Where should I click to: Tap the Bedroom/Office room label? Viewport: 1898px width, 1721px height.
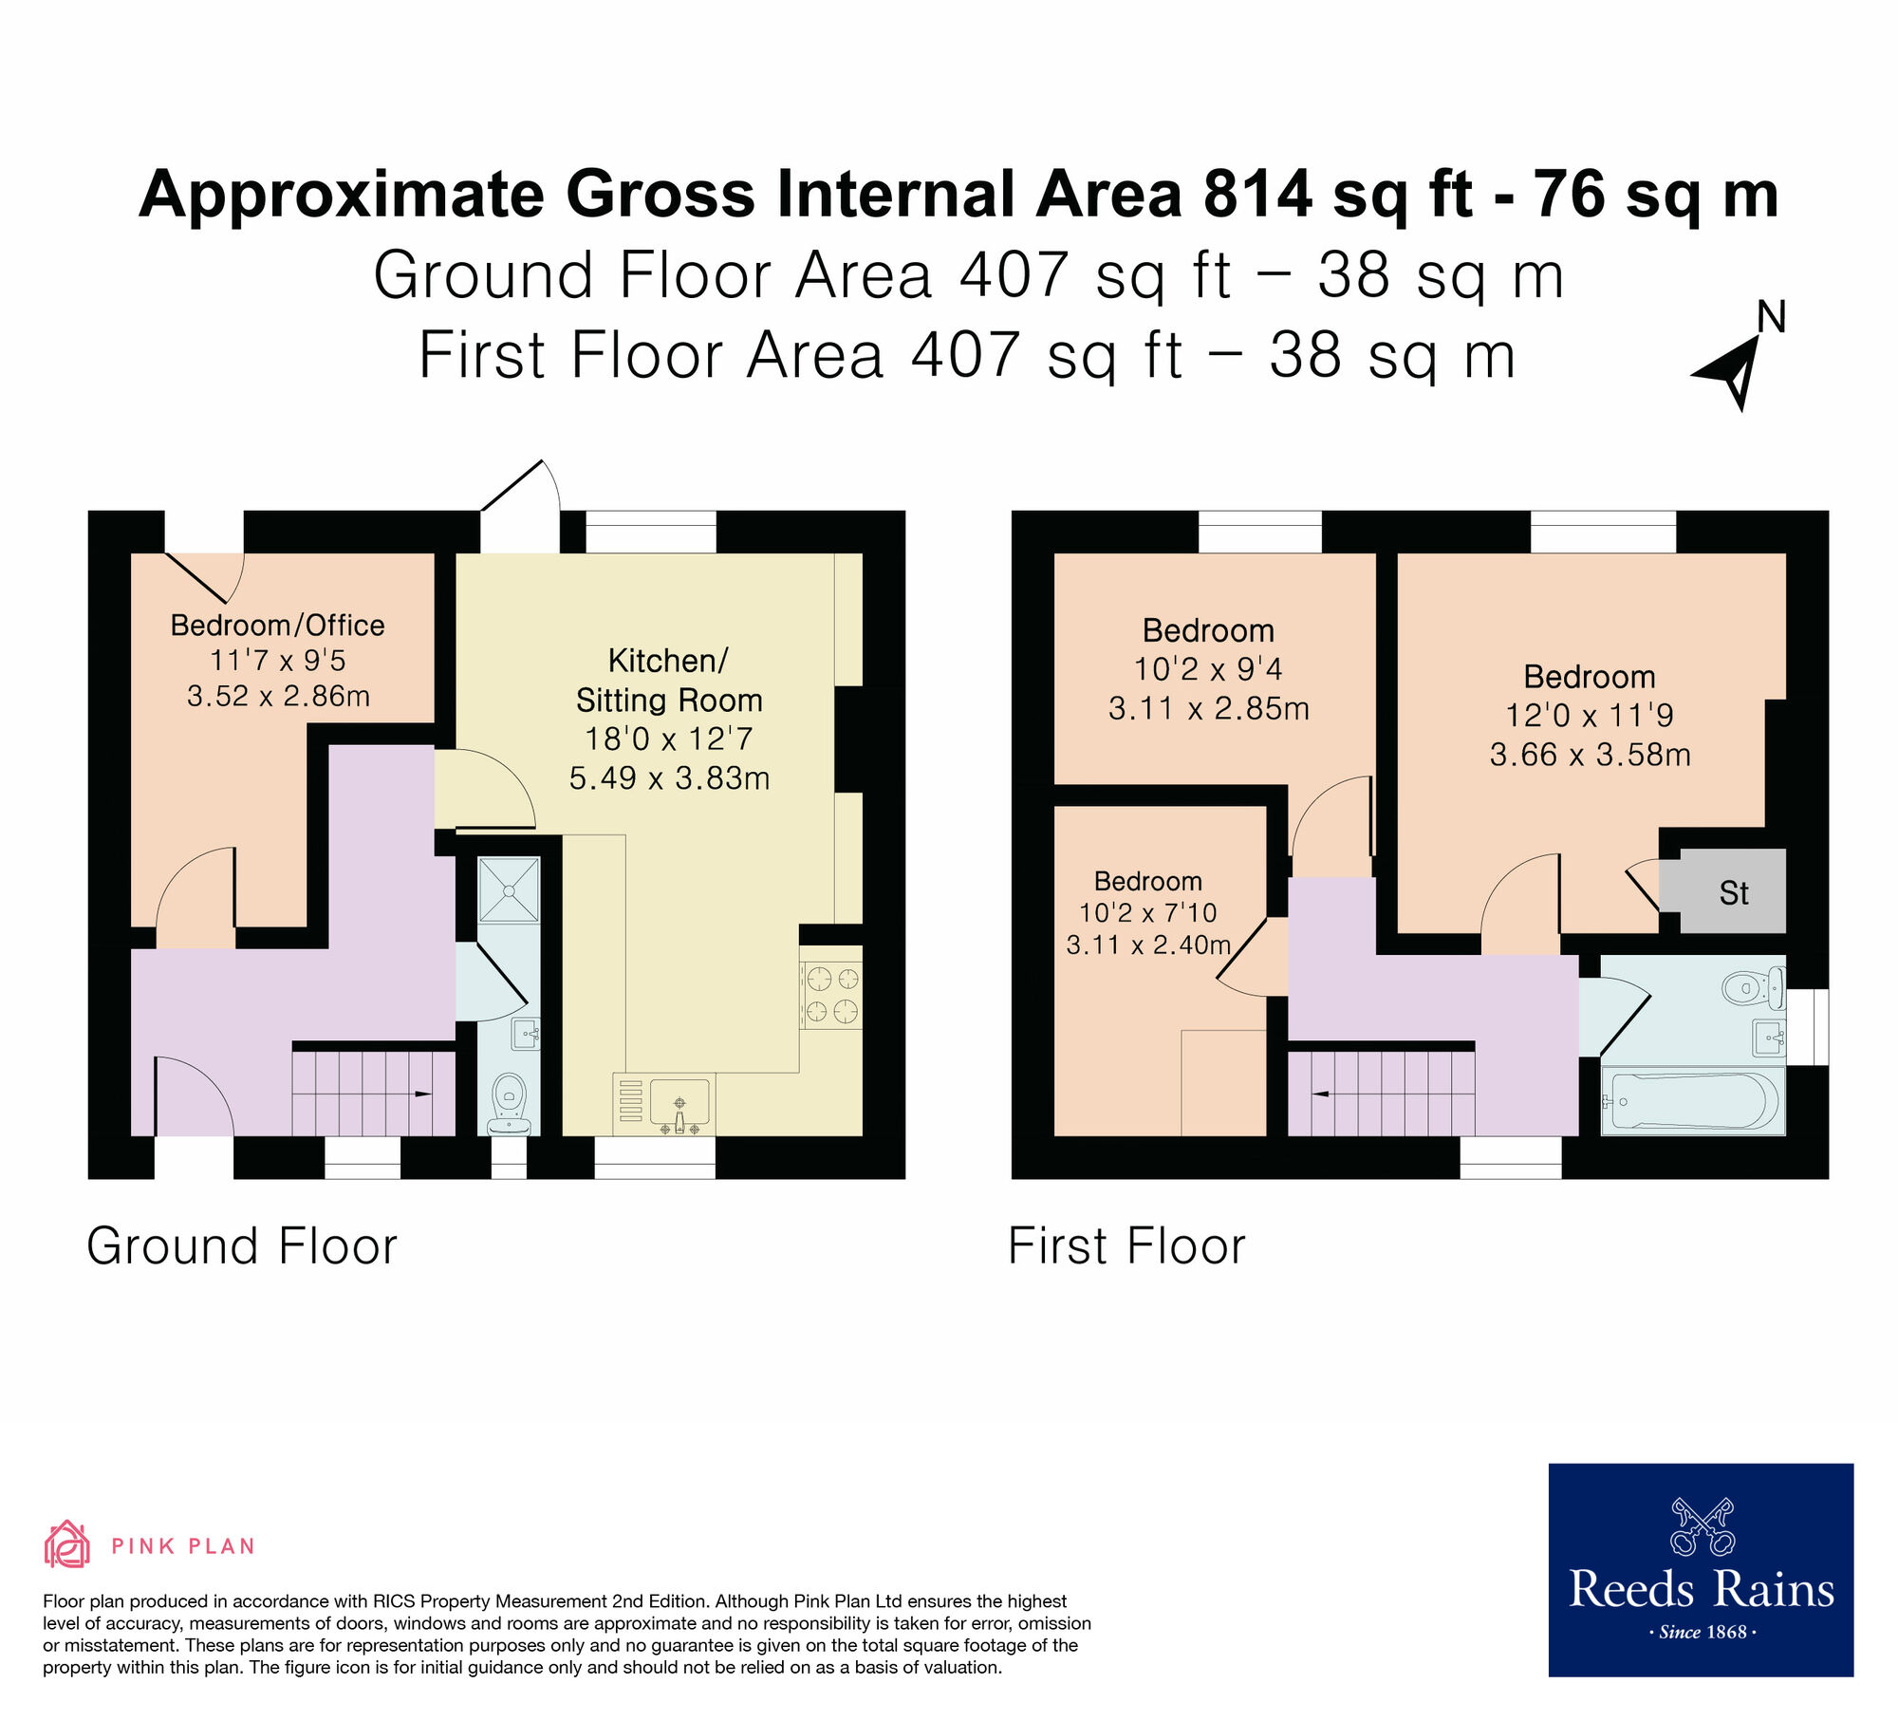click(277, 626)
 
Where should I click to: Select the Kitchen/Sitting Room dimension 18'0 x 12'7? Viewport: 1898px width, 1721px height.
click(669, 739)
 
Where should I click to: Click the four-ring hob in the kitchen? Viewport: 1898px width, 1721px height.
click(831, 995)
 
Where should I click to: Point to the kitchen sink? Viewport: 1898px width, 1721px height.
click(679, 1103)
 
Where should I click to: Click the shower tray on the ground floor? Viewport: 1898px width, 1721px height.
click(510, 890)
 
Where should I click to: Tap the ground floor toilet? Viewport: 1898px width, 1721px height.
click(510, 1101)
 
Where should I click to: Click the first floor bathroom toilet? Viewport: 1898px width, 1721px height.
click(1748, 987)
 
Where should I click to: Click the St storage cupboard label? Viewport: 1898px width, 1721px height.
click(1734, 893)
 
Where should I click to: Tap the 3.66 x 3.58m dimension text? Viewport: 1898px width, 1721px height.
click(1590, 755)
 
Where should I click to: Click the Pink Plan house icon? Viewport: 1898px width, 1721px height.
click(67, 1544)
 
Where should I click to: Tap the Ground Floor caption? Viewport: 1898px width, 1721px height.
click(242, 1246)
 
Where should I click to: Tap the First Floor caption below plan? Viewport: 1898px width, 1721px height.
click(1126, 1246)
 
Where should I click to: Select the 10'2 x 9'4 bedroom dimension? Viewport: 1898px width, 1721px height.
click(1208, 669)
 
